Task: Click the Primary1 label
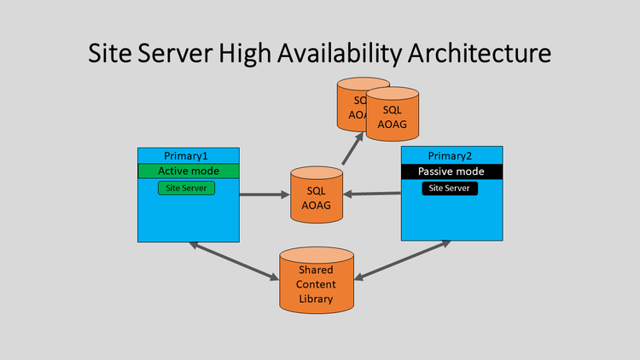point(189,155)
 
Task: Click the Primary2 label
point(452,156)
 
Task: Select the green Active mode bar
point(189,171)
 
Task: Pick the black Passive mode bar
point(452,171)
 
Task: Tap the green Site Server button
point(186,188)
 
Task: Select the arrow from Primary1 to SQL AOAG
point(265,195)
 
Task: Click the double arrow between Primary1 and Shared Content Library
point(234,261)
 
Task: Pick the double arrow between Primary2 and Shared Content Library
point(402,259)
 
